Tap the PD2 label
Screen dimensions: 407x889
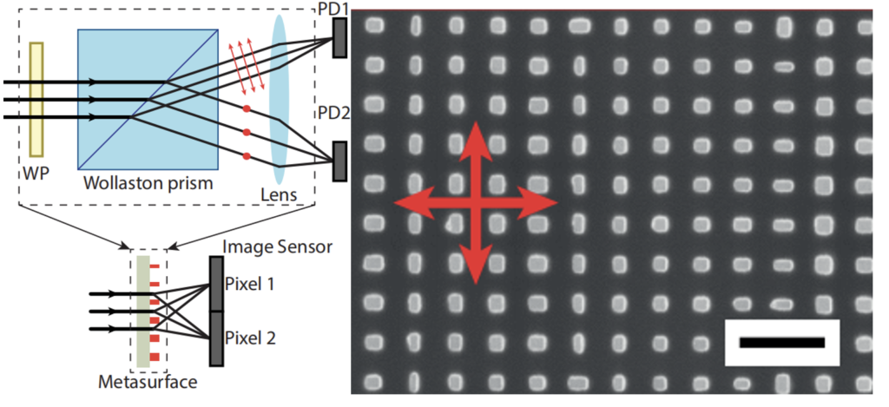[334, 113]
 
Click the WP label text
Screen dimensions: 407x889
[36, 174]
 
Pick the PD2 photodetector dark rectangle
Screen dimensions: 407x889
[340, 157]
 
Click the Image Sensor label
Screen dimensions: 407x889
[278, 247]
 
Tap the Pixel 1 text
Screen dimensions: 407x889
[251, 285]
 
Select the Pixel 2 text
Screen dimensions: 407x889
[251, 338]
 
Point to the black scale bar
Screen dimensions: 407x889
[782, 343]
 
